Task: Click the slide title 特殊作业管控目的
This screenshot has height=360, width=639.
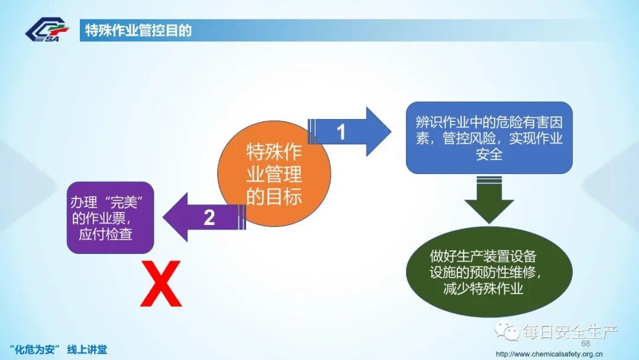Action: [x=138, y=30]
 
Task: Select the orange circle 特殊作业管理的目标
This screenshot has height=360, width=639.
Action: [x=273, y=175]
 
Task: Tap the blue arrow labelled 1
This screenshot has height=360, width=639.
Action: [x=350, y=131]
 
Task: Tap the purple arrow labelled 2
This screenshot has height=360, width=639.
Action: [x=201, y=217]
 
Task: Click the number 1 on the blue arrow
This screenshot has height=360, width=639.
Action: [x=341, y=132]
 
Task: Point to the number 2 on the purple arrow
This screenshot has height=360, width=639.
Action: [x=209, y=218]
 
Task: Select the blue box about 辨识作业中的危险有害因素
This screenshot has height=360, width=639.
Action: [x=489, y=138]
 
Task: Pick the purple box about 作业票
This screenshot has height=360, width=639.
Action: [x=110, y=217]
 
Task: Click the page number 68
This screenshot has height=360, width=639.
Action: [x=586, y=344]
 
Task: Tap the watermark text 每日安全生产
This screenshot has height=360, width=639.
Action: [x=570, y=332]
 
